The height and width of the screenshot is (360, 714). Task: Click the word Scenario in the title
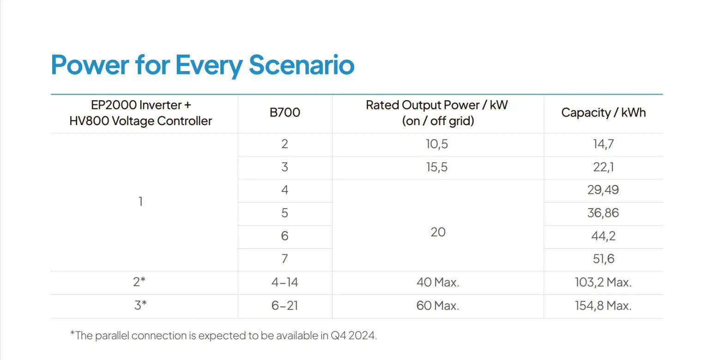pos(301,65)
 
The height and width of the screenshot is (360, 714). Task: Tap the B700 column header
pos(284,113)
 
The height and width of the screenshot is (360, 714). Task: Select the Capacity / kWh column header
pos(604,113)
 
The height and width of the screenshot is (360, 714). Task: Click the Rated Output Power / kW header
pos(437,105)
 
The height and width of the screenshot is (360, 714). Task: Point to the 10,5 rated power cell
pos(437,144)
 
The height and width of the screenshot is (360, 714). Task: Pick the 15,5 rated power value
pos(437,167)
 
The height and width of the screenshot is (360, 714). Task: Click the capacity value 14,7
pos(603,144)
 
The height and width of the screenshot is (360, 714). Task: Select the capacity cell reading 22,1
pos(603,167)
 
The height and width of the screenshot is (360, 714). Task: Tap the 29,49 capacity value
pos(603,190)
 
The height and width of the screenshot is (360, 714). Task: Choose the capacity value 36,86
pos(603,213)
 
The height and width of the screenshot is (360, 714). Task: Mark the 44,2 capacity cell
pos(603,236)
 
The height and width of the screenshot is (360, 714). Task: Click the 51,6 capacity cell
pos(603,258)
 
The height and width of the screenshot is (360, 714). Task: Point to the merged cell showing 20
pos(438,232)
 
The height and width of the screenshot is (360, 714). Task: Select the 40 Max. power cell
pos(438,282)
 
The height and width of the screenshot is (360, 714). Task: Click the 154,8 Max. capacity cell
pos(603,306)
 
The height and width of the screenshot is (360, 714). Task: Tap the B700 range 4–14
pos(284,282)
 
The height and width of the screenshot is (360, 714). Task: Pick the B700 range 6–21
pos(284,306)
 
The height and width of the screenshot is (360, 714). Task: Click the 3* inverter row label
pos(140,305)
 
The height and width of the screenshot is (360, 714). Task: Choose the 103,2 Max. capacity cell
pos(603,282)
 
